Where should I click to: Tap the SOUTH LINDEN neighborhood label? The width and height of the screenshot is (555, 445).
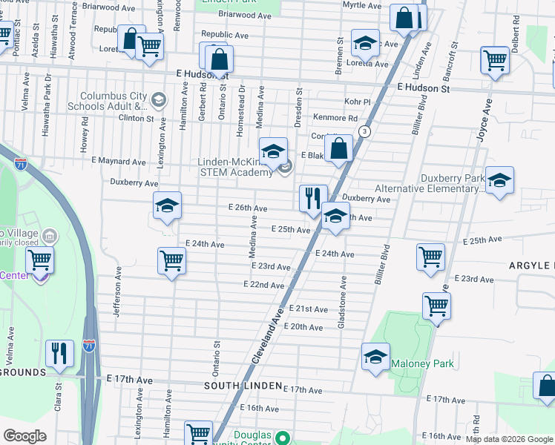point(243,386)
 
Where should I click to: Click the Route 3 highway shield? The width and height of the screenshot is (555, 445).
point(364,131)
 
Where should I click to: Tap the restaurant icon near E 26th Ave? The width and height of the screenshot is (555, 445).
point(312,197)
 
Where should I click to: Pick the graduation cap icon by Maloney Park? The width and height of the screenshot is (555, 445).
point(375,356)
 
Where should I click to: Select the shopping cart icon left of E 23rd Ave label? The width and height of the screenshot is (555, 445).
point(171,260)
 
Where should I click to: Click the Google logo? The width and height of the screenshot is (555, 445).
point(24,436)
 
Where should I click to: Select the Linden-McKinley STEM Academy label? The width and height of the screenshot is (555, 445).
point(235,167)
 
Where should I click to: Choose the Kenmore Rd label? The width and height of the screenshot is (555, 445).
point(335,118)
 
